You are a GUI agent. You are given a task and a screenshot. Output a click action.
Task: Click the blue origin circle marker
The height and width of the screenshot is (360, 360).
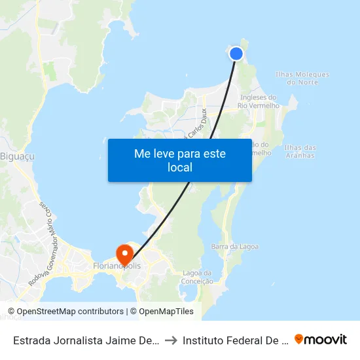click(236, 54)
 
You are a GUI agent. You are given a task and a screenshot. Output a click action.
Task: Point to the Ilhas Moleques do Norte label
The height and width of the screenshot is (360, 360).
click(302, 79)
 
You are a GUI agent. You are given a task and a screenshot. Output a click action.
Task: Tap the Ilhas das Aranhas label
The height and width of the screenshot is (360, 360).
click(300, 151)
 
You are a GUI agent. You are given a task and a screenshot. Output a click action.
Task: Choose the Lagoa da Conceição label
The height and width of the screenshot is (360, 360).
click(198, 277)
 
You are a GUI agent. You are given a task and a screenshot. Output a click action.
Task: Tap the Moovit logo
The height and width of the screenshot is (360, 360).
click(321, 340)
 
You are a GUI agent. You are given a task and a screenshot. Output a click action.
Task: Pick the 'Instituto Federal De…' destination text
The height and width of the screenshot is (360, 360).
click(235, 340)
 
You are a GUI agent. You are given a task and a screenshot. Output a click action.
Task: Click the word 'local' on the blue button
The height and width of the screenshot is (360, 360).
click(179, 168)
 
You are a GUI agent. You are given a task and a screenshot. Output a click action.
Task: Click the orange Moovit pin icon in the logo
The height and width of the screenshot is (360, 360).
click(299, 339)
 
